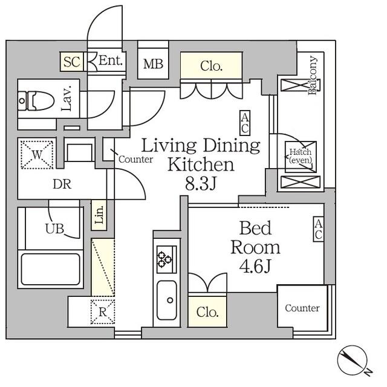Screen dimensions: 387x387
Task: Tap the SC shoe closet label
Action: click(72, 61)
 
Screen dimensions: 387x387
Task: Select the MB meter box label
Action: click(152, 63)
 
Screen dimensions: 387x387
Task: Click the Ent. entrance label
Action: click(111, 60)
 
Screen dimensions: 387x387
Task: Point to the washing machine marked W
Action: click(37, 154)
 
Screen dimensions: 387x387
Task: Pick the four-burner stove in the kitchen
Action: click(165, 258)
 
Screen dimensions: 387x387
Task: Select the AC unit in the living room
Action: click(245, 123)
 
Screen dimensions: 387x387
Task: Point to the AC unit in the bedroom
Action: click(318, 230)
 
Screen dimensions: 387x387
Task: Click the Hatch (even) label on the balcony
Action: click(300, 156)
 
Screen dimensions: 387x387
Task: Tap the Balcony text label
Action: click(313, 76)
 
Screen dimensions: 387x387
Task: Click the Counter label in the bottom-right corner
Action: click(302, 308)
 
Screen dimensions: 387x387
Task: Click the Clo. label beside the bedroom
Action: click(207, 313)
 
